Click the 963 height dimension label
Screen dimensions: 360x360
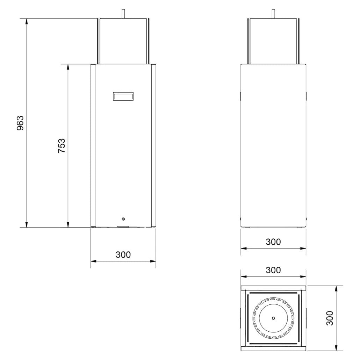click(x=20, y=123)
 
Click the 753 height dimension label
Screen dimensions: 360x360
click(x=62, y=146)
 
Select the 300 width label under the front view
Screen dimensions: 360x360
click(x=123, y=254)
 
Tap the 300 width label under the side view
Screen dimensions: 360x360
click(x=273, y=242)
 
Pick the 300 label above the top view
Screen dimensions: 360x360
click(x=273, y=270)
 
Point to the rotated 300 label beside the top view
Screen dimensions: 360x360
click(x=330, y=318)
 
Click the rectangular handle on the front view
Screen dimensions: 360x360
click(x=123, y=96)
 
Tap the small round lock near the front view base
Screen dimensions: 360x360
click(x=123, y=219)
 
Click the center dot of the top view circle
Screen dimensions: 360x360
click(x=273, y=318)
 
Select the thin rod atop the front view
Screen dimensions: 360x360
click(x=123, y=14)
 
